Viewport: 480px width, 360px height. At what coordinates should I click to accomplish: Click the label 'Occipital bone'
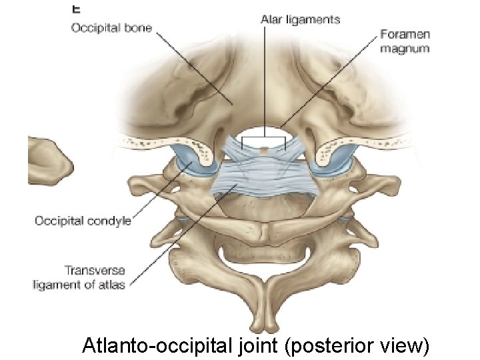click(111, 29)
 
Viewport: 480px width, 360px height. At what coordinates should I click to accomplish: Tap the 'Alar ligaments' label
click(300, 19)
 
